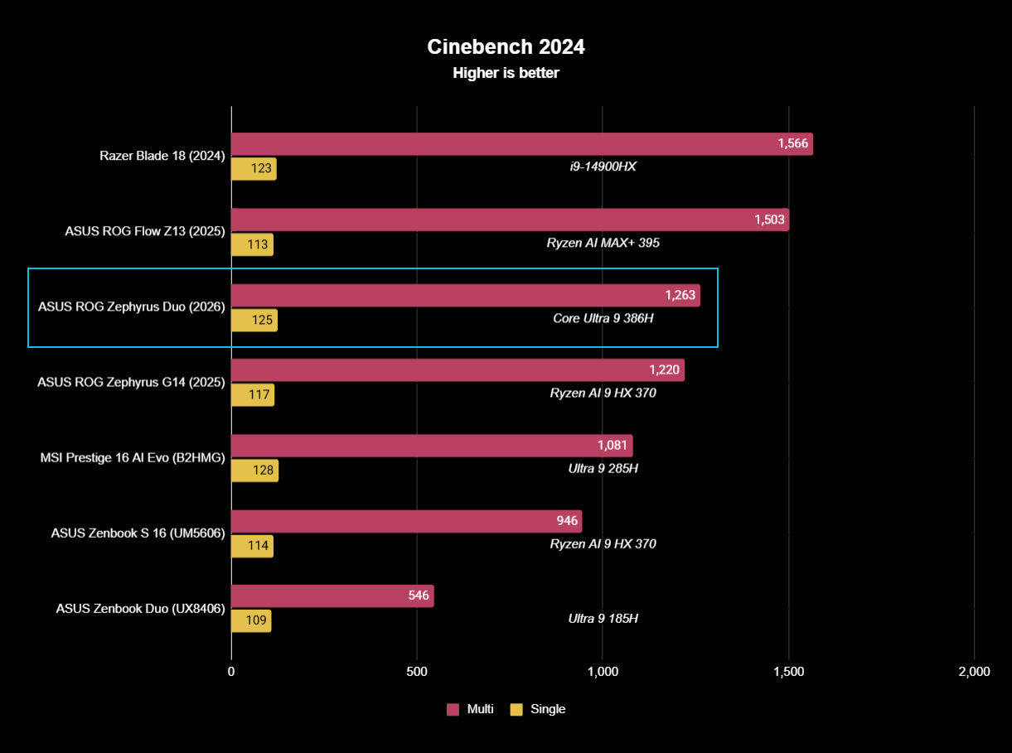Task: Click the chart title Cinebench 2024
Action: click(x=506, y=47)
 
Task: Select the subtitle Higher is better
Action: click(x=506, y=73)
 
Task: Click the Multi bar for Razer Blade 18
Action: click(x=521, y=144)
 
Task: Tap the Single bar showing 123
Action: click(x=254, y=169)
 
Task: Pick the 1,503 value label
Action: click(x=769, y=220)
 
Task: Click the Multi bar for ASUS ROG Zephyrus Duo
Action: click(x=465, y=295)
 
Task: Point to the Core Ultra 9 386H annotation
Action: click(x=603, y=318)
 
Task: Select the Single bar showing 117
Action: click(x=252, y=395)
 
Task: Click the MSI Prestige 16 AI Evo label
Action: click(x=133, y=456)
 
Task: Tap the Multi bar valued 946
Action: click(x=406, y=521)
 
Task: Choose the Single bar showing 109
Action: click(x=251, y=621)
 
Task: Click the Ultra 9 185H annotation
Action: click(x=603, y=618)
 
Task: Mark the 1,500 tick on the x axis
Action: click(x=788, y=672)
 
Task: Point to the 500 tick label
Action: click(x=417, y=672)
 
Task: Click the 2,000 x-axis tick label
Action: click(x=974, y=672)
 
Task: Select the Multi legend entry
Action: click(x=470, y=709)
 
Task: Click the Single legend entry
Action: click(x=537, y=709)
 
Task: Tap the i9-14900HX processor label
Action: click(x=603, y=167)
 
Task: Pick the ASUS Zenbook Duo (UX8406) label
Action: click(x=140, y=608)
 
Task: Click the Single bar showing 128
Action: click(x=254, y=471)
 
